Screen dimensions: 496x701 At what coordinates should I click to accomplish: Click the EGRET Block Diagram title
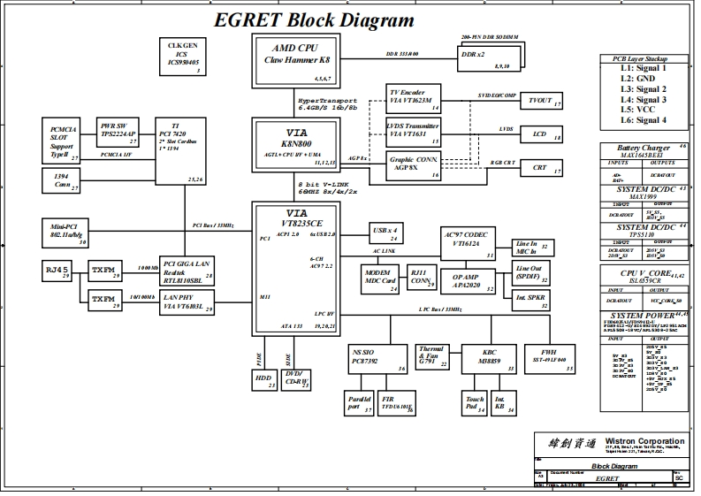click(x=314, y=20)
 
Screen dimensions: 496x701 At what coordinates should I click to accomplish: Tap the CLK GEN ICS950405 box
click(x=183, y=56)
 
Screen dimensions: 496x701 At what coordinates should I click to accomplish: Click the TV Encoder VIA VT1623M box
click(x=415, y=98)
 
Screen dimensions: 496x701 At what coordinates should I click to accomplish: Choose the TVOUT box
click(x=540, y=102)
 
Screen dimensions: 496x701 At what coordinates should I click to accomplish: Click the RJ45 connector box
click(x=59, y=270)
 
